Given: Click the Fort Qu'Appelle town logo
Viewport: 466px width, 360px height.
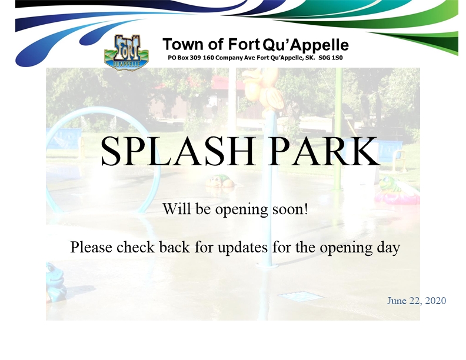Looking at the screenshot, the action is [127, 52].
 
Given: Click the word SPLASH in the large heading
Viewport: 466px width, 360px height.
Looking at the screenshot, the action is [178, 151].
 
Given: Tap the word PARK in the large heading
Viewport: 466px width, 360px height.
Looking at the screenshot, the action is [324, 151].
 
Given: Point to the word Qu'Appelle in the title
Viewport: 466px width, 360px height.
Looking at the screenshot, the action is [306, 45].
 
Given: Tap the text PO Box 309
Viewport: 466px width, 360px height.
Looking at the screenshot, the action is [184, 58].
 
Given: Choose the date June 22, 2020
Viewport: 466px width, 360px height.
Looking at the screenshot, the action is [417, 301].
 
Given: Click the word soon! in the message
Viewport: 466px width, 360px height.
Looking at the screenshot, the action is [290, 209].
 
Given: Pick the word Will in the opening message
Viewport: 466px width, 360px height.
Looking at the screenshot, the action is [177, 208].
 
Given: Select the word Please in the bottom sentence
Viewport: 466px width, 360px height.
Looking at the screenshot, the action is [91, 247].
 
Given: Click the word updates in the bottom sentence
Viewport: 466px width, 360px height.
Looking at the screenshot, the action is [242, 248].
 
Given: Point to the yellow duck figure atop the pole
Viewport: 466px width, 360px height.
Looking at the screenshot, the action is [262, 88].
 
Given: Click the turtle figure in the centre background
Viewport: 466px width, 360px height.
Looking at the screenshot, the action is [221, 181].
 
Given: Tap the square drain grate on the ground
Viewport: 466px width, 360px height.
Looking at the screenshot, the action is [301, 296].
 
